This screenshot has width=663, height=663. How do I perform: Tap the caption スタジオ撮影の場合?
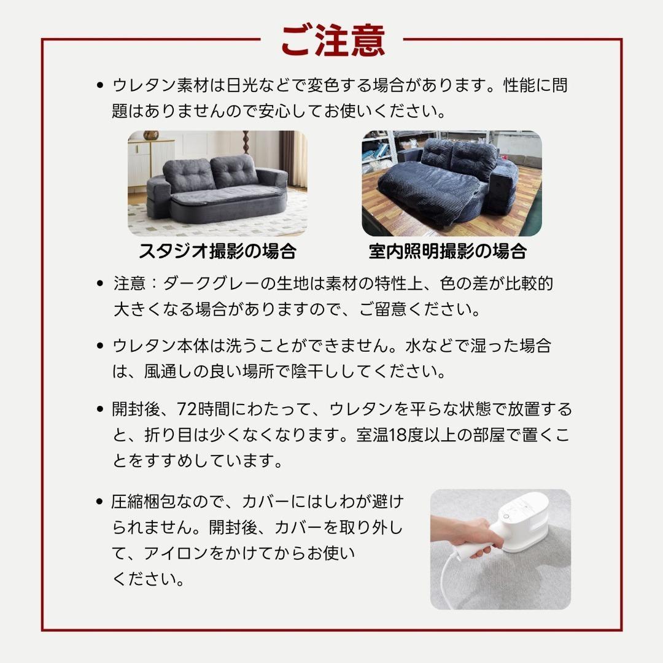(x=217, y=251)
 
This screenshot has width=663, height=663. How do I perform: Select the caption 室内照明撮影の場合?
(x=448, y=251)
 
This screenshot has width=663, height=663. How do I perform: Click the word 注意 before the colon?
(x=130, y=284)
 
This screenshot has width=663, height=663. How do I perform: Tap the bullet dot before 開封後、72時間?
(x=100, y=409)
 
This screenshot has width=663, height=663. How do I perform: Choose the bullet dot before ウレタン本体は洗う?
(x=100, y=346)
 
